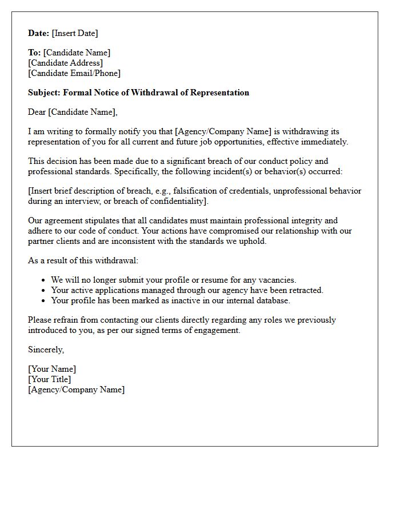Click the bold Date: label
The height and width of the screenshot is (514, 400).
(39, 33)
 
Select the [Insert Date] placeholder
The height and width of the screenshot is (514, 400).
(75, 33)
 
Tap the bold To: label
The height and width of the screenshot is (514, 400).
(34, 53)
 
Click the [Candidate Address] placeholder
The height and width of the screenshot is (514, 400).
(65, 63)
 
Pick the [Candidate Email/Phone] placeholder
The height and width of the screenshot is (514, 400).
(74, 73)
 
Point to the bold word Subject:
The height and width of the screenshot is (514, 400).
(44, 93)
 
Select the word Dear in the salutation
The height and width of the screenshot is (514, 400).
(37, 112)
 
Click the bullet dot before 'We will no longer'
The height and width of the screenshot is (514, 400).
(44, 280)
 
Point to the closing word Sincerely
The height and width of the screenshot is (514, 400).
(46, 350)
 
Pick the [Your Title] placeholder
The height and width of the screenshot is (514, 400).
(50, 379)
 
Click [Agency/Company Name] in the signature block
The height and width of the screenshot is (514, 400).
(76, 389)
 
